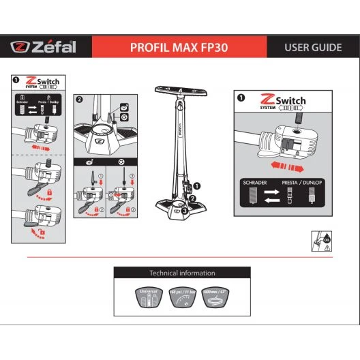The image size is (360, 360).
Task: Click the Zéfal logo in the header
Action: pyautogui.click(x=44, y=48)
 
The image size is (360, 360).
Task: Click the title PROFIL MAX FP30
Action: pyautogui.click(x=179, y=48)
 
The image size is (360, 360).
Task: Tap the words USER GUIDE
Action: pyautogui.click(x=313, y=48)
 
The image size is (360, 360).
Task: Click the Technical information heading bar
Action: pyautogui.click(x=181, y=273)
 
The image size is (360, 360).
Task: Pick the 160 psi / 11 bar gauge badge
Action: pyautogui.click(x=181, y=297)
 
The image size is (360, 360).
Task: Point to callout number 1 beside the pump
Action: pyautogui.click(x=198, y=185)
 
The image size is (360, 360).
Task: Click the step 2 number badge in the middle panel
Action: pyautogui.click(x=80, y=99)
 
